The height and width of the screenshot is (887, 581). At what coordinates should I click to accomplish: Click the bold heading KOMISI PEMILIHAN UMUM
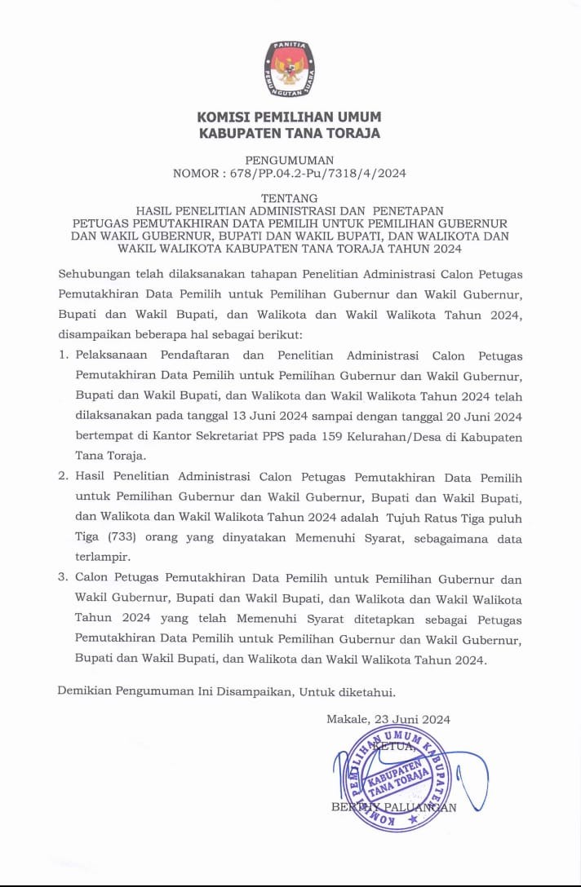click(x=290, y=117)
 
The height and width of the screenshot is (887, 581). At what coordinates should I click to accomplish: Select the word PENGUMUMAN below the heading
click(x=290, y=160)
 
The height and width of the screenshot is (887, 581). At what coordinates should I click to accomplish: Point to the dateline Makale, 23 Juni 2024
click(x=388, y=719)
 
